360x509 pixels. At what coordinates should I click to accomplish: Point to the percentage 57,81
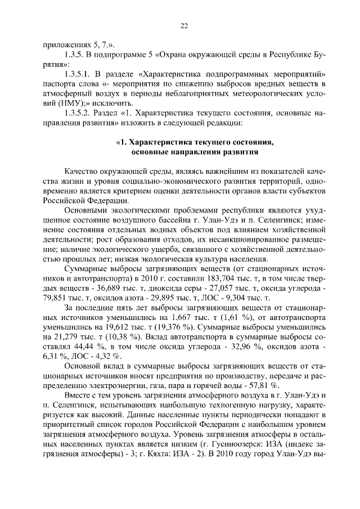[252, 386]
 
